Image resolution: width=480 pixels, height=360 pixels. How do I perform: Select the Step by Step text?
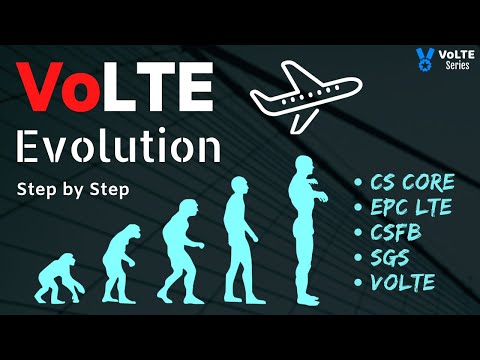72,190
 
